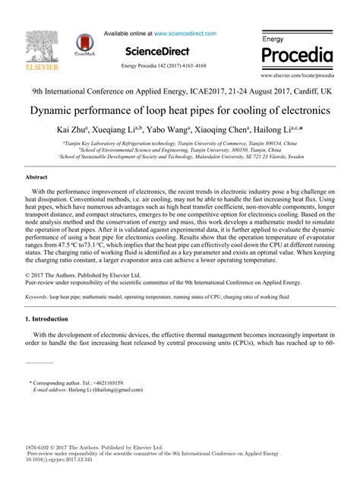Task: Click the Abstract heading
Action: tap(38, 176)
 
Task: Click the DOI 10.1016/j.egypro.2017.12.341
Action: tap(63, 460)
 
